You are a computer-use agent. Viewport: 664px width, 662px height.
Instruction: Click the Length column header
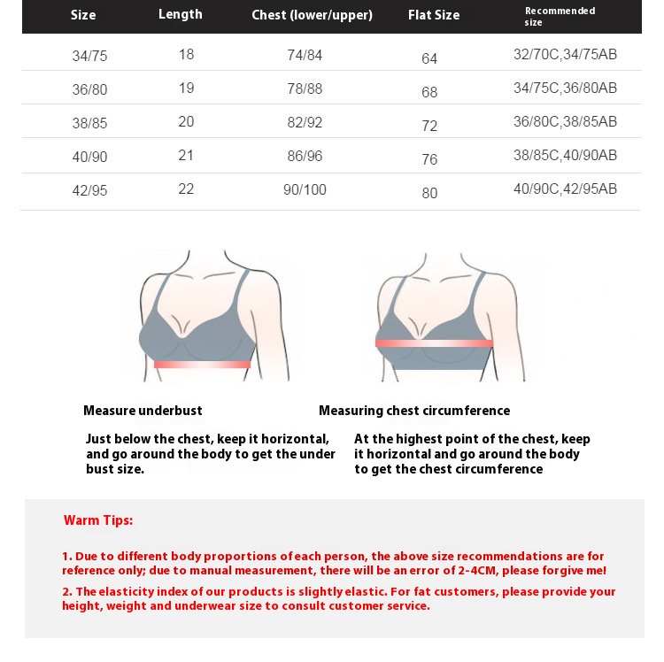click(181, 14)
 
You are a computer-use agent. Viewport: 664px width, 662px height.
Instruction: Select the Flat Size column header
click(434, 15)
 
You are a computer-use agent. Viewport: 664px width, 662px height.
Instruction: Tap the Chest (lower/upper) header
click(312, 15)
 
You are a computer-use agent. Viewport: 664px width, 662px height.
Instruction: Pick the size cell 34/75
click(89, 56)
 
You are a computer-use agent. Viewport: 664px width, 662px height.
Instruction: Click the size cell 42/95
click(89, 190)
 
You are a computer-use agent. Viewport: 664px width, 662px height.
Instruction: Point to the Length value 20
click(186, 122)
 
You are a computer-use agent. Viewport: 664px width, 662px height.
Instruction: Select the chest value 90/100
click(305, 189)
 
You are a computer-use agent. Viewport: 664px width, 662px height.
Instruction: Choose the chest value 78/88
click(305, 89)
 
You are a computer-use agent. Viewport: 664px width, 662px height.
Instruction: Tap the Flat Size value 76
click(429, 159)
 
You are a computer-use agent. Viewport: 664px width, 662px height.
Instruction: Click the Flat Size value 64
click(429, 58)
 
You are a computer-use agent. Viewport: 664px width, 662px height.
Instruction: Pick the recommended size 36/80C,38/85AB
click(565, 121)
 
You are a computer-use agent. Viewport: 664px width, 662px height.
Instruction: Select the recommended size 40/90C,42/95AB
click(565, 189)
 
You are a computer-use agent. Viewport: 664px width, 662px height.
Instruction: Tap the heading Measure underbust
click(143, 411)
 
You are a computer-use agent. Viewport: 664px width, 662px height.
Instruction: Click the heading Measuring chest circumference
click(414, 411)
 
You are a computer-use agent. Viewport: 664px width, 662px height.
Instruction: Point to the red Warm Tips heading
click(98, 520)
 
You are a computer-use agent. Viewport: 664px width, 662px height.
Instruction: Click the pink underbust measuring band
click(202, 364)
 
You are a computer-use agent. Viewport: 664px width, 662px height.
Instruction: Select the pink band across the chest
click(434, 343)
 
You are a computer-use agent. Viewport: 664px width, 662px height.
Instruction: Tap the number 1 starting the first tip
click(66, 557)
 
